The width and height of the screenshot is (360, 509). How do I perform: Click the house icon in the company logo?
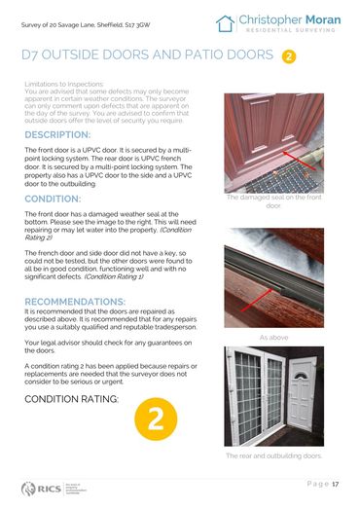[x=226, y=23]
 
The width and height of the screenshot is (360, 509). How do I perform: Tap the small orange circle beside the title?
[x=289, y=56]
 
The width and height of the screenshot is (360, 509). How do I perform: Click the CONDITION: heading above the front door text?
[x=53, y=199]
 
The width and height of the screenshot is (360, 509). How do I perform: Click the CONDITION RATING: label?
[x=72, y=399]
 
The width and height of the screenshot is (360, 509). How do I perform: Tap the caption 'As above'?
[x=273, y=337]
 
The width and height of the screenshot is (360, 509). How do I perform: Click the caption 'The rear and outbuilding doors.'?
[x=273, y=455]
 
